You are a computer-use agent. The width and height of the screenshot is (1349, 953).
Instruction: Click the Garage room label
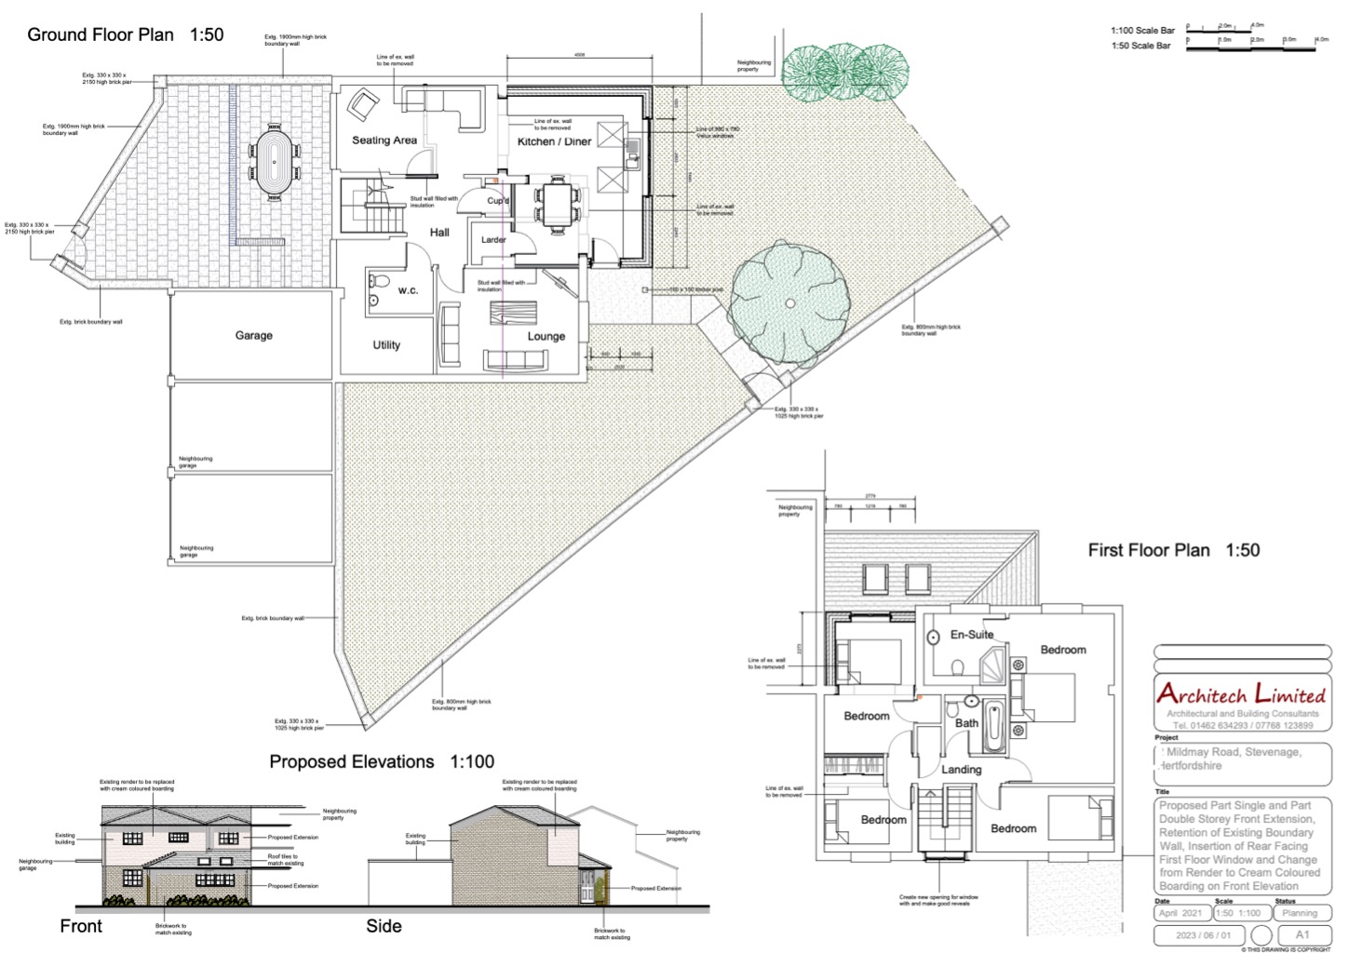[x=253, y=336]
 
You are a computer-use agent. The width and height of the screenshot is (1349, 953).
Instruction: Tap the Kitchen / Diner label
[x=554, y=141]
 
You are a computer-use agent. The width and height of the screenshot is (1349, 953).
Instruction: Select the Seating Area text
[x=384, y=141]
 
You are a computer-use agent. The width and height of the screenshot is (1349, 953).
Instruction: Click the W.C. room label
[x=408, y=290]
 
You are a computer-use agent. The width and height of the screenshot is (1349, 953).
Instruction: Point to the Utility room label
[x=386, y=345]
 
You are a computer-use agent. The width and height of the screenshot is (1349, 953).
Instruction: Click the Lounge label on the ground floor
[x=546, y=337]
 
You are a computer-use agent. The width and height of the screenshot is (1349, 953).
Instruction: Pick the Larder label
[x=493, y=240]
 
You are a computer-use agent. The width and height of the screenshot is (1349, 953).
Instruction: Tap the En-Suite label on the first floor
[x=971, y=635]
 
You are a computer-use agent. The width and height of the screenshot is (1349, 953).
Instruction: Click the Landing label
[x=961, y=770]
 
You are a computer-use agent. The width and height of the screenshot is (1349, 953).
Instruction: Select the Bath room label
[x=966, y=723]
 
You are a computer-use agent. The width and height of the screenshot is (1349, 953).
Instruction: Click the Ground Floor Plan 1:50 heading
[x=126, y=35]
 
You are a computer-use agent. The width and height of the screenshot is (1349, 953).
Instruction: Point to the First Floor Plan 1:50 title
[x=1173, y=550]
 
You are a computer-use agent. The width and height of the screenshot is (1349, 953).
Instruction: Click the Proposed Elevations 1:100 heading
[x=382, y=761]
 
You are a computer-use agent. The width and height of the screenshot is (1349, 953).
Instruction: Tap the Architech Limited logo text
[x=1241, y=693]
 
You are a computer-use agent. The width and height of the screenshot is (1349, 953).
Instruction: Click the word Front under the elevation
[x=81, y=926]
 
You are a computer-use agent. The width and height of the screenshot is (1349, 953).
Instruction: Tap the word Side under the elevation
[x=384, y=926]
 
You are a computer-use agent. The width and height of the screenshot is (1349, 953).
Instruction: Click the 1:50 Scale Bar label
[x=1140, y=46]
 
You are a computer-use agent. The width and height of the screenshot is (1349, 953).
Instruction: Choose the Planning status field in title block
[x=1300, y=913]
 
